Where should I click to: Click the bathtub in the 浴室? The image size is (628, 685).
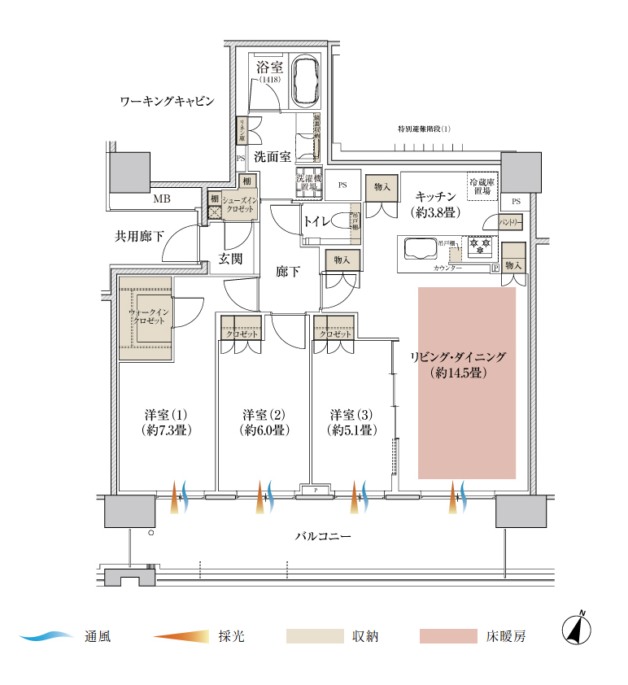[x=306, y=81]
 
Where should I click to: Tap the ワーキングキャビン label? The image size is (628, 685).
[x=167, y=102]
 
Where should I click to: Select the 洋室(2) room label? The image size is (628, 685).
[x=265, y=421]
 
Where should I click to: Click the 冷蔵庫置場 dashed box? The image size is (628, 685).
[x=481, y=187]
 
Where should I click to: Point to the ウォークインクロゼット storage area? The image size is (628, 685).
[x=146, y=317]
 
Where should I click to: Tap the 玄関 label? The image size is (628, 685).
[x=230, y=260]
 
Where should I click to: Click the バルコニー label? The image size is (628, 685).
[x=323, y=538]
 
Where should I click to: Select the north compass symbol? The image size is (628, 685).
[x=577, y=630]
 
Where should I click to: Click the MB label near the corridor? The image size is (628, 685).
[x=162, y=198]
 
